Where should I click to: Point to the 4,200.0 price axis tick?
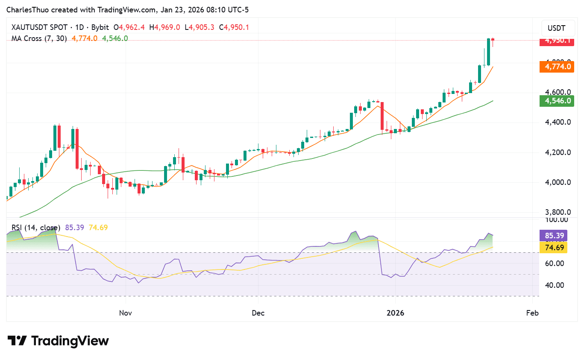coord(557,152)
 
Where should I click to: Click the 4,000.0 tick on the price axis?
coord(557,182)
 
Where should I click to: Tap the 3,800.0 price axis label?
coord(557,212)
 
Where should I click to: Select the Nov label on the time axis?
coord(126,313)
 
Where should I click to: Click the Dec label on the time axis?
coord(258,313)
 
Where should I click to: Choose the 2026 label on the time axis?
coord(395,313)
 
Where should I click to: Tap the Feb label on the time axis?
coord(532,313)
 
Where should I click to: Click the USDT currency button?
coord(556,29)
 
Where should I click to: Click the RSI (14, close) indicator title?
coord(36,228)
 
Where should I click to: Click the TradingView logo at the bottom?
coord(59,341)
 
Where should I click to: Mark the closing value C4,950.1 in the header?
coord(234,27)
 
